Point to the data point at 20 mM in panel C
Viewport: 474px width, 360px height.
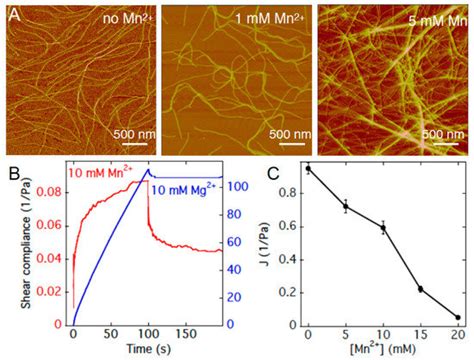click(458, 318)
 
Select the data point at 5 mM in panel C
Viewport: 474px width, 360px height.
click(346, 207)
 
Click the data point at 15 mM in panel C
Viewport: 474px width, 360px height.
click(420, 289)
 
